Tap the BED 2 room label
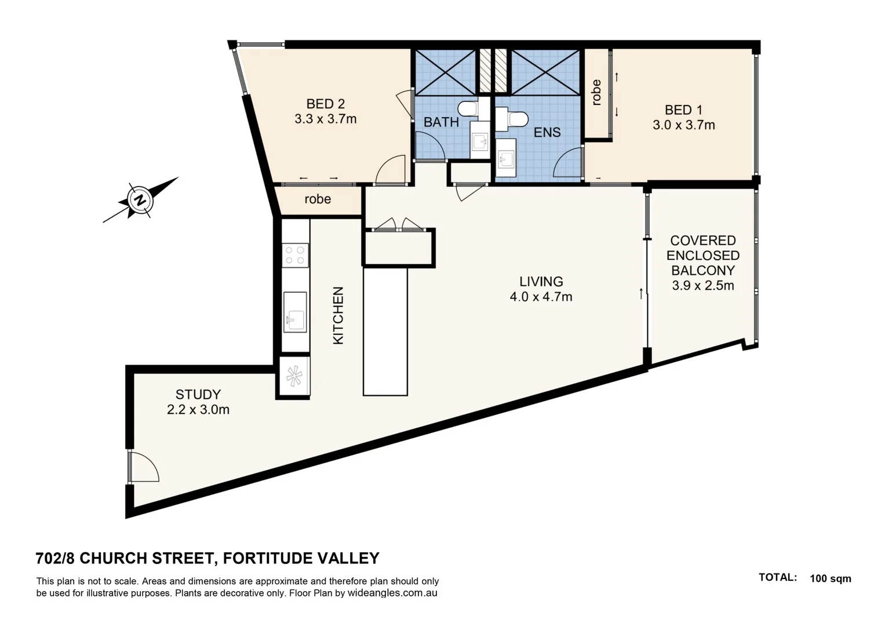click(x=325, y=104)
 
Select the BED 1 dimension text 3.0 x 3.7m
click(x=683, y=125)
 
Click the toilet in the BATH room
click(x=467, y=108)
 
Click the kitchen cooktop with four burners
click(x=295, y=256)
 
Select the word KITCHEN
click(x=338, y=316)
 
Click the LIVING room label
click(x=541, y=282)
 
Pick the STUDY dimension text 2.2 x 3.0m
click(x=198, y=410)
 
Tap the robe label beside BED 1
click(x=596, y=92)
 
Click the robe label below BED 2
click(x=318, y=199)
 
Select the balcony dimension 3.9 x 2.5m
click(x=702, y=286)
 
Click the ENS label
click(x=547, y=133)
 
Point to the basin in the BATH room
click(x=479, y=142)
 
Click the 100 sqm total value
click(x=830, y=578)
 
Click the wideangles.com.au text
click(x=392, y=593)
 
